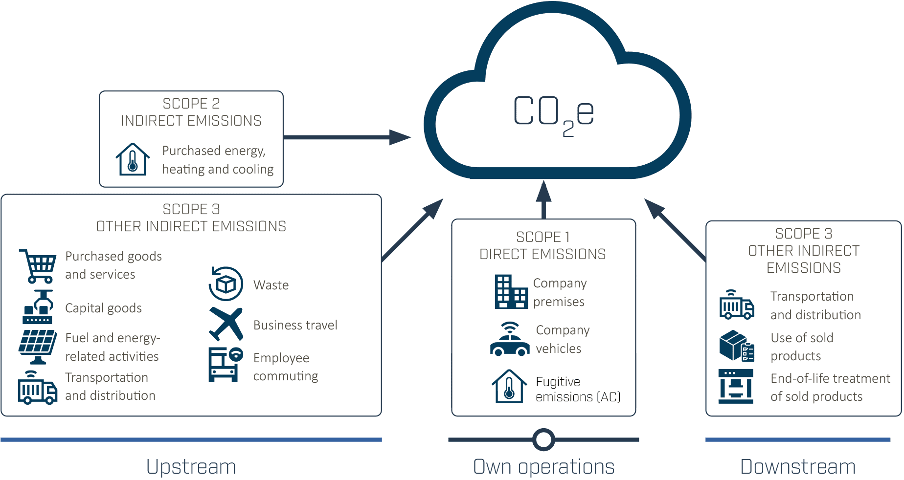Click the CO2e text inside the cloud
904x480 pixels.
point(553,113)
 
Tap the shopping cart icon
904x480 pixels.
point(38,266)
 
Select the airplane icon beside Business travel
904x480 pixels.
point(226,324)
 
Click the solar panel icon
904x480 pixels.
point(38,346)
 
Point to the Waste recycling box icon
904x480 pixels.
point(226,284)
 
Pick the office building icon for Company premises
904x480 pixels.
point(510,292)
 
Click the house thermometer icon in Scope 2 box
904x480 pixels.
point(133,159)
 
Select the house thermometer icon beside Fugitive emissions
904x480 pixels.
point(509,387)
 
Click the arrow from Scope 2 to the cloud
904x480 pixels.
point(347,137)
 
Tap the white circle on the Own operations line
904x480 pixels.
point(543,439)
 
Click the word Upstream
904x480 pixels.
point(191,467)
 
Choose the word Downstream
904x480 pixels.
point(798,467)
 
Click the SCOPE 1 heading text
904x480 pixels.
point(542,237)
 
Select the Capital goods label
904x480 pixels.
point(103,308)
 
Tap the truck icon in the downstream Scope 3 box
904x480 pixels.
point(736,305)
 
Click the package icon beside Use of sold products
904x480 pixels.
point(736,346)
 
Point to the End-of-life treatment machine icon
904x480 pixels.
point(736,387)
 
